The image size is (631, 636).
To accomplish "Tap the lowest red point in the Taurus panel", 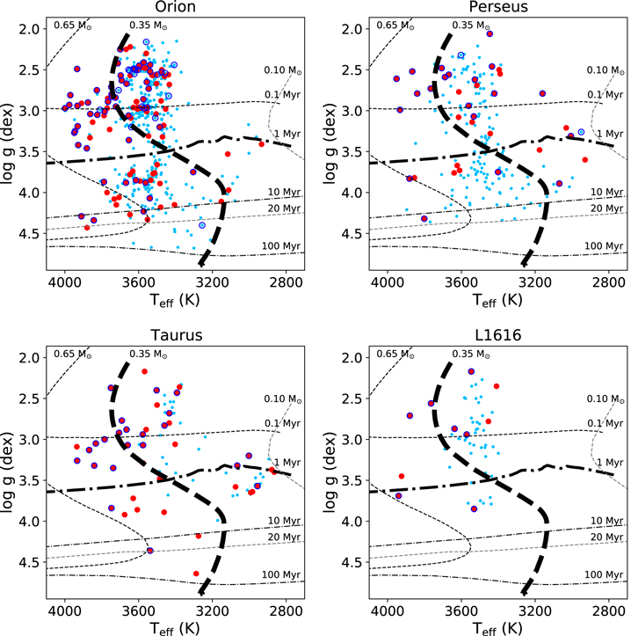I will [x=196, y=574].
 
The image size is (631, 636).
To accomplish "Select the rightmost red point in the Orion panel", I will [x=262, y=144].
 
